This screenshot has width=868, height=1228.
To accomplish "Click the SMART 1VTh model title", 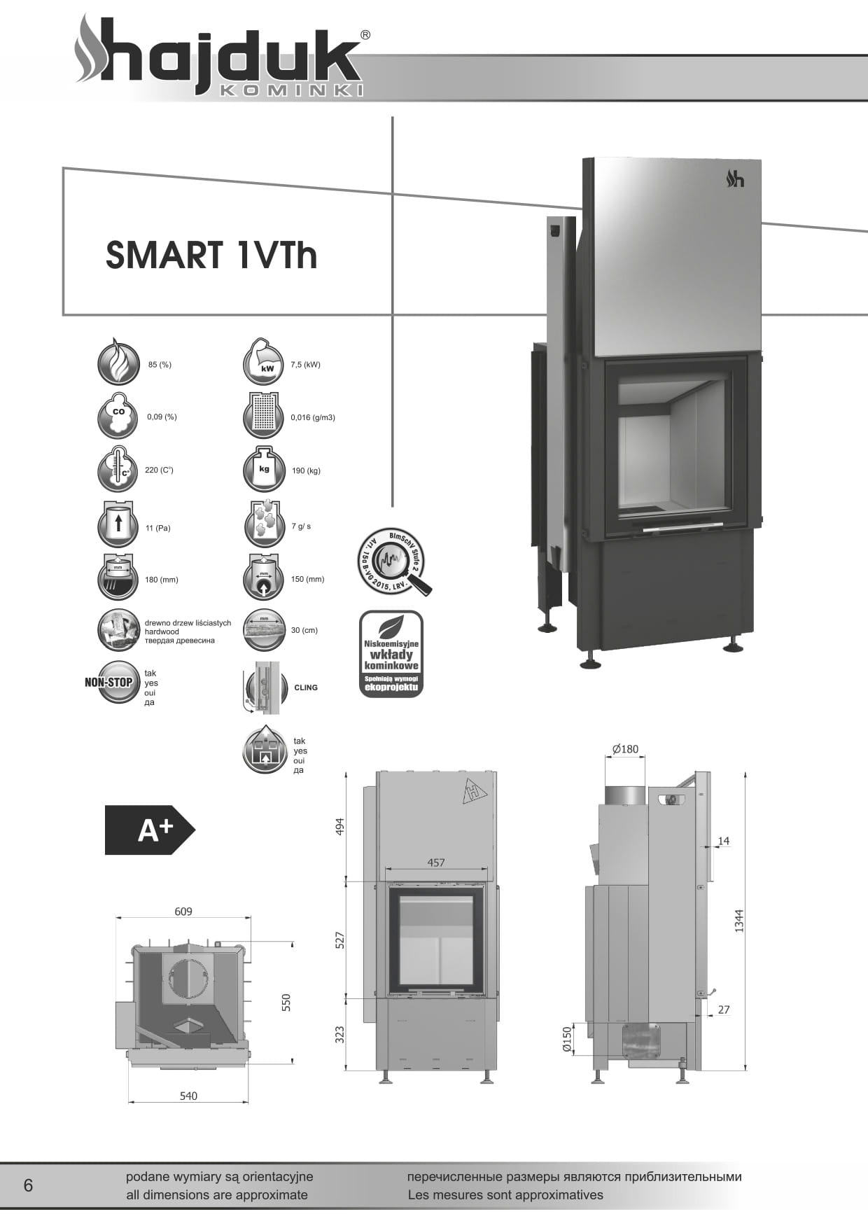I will pyautogui.click(x=211, y=255).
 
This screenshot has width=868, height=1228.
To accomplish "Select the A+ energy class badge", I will pyautogui.click(x=150, y=830).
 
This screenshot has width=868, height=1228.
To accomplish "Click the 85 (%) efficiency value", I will pyautogui.click(x=160, y=365).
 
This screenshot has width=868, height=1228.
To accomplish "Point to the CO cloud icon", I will pyautogui.click(x=118, y=417).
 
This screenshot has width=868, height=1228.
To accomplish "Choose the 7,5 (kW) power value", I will pyautogui.click(x=305, y=365).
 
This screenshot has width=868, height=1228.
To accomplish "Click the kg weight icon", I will pyautogui.click(x=263, y=470).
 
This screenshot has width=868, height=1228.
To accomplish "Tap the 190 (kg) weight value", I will pyautogui.click(x=306, y=471).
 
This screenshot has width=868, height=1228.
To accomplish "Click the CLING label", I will pyautogui.click(x=306, y=688).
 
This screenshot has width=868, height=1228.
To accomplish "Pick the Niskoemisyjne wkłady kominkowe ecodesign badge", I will pyautogui.click(x=391, y=654).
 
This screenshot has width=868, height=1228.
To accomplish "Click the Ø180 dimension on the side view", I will pyautogui.click(x=625, y=749).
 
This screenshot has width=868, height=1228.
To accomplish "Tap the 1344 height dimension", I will pyautogui.click(x=739, y=920).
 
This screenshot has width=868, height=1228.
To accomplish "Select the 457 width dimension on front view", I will pyautogui.click(x=436, y=863).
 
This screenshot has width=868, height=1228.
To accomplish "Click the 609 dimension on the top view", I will pyautogui.click(x=183, y=912).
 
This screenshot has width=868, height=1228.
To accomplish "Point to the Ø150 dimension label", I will pyautogui.click(x=567, y=1040).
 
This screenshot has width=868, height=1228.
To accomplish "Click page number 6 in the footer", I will pyautogui.click(x=28, y=1185).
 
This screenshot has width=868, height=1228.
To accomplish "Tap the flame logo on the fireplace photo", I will pyautogui.click(x=734, y=179).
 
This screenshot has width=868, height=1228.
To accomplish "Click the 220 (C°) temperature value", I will pyautogui.click(x=159, y=470).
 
